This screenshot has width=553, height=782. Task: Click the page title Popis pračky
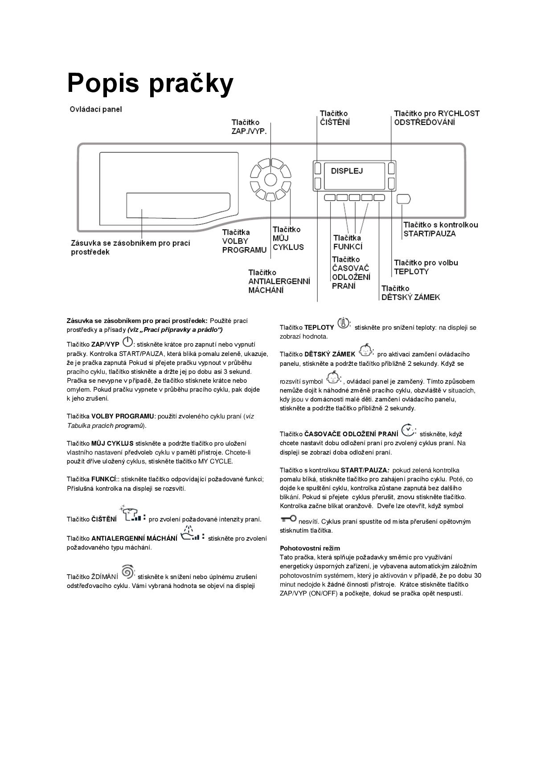click(150, 83)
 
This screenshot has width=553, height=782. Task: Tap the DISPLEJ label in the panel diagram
click(347, 171)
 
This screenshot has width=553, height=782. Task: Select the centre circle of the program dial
click(270, 179)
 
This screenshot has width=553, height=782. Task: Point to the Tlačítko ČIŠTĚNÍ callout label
click(335, 118)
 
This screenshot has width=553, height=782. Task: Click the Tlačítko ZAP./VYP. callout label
click(249, 127)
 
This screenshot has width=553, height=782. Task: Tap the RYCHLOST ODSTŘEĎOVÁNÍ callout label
click(436, 118)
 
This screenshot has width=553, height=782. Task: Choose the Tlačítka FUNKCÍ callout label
click(348, 242)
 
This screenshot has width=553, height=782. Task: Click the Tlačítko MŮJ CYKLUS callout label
click(288, 238)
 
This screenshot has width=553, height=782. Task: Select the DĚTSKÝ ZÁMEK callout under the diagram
click(410, 293)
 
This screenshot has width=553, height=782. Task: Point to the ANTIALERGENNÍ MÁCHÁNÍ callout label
click(279, 281)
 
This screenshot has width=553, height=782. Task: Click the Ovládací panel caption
click(96, 109)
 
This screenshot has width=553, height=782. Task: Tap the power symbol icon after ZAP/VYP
click(127, 343)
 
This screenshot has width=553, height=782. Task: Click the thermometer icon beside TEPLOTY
click(344, 323)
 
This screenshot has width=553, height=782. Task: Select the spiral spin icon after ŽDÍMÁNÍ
click(127, 571)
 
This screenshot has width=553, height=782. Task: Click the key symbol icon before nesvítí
click(288, 518)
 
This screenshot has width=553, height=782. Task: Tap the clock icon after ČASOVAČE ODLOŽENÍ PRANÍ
click(407, 430)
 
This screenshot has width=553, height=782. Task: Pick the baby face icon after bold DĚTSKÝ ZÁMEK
click(365, 350)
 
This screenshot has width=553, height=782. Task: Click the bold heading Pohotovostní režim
click(310, 548)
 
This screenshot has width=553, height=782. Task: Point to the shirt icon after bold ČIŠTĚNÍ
click(133, 515)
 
